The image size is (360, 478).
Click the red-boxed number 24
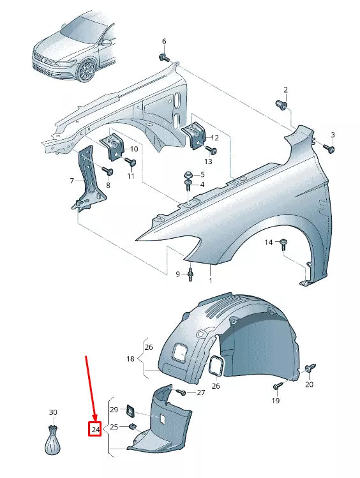pos(95,429)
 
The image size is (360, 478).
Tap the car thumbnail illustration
pos(74,46)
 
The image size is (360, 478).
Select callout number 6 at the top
pos(163,41)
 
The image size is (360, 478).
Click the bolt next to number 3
pos(329,148)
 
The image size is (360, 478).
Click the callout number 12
pos(214,137)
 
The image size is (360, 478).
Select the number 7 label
pos(72,181)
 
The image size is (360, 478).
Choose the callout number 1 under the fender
pos(210,280)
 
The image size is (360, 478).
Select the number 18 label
pos(130,359)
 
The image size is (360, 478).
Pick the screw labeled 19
pos(279,386)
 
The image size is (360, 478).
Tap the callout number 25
pos(114,426)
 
